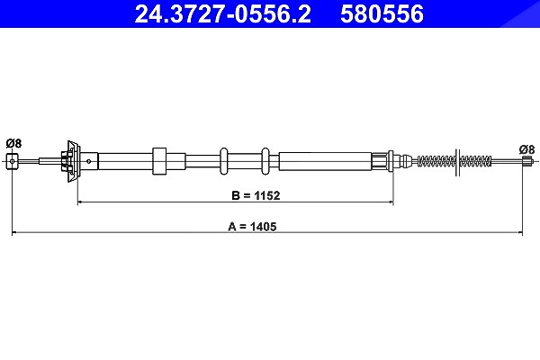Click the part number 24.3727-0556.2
tap(222, 14)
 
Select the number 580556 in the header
tap(382, 14)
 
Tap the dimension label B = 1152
tap(256, 195)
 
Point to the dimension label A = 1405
tap(252, 226)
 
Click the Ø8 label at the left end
tap(13, 143)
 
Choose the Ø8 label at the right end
tap(526, 149)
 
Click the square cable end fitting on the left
tap(12, 161)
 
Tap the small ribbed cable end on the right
tap(526, 161)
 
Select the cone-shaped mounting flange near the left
tap(74, 161)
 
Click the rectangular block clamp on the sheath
tap(159, 161)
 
